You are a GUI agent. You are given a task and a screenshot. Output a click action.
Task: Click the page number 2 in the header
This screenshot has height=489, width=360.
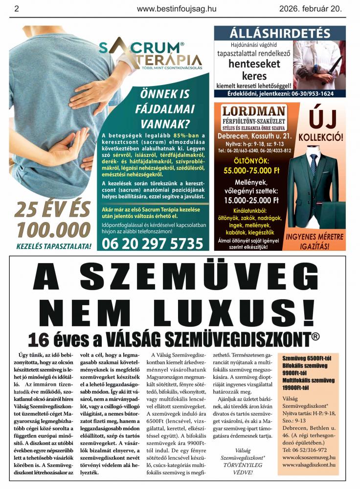pyautogui.click(x=17, y=8)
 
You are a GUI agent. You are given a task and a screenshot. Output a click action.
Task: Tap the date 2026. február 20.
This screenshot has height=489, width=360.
pyautogui.click(x=311, y=8)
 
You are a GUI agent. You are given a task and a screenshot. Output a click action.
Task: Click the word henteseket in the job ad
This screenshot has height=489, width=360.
pyautogui.click(x=254, y=64)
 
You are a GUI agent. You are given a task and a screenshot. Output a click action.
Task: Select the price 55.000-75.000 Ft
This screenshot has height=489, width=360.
pyautogui.click(x=251, y=171)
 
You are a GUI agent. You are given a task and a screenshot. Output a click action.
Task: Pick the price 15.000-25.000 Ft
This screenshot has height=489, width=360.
pyautogui.click(x=251, y=200)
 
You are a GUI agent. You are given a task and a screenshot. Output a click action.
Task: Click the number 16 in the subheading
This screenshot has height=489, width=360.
pyautogui.click(x=39, y=339)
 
